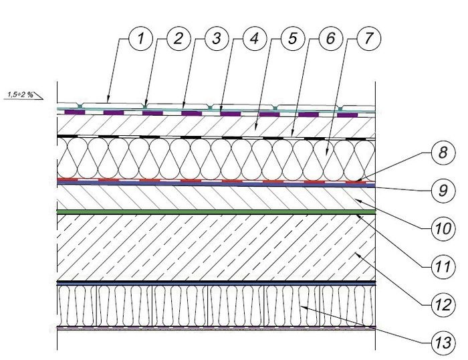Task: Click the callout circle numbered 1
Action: coord(140,39)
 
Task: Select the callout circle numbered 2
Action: coord(179,39)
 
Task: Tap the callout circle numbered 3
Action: coord(217,39)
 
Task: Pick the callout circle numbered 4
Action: coord(255,39)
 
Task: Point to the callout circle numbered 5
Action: coord(293,39)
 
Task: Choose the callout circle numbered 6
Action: coord(331,39)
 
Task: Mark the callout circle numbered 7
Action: coord(368,39)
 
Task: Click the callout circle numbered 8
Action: coord(443,153)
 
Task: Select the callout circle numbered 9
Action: coord(443,191)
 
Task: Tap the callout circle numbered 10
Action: coord(443,229)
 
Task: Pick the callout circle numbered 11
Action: coord(443,267)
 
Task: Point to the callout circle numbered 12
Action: coord(443,304)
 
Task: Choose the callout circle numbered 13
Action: coord(443,343)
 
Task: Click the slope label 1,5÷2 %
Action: coord(20,95)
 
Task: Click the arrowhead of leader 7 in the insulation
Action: coord(327,153)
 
